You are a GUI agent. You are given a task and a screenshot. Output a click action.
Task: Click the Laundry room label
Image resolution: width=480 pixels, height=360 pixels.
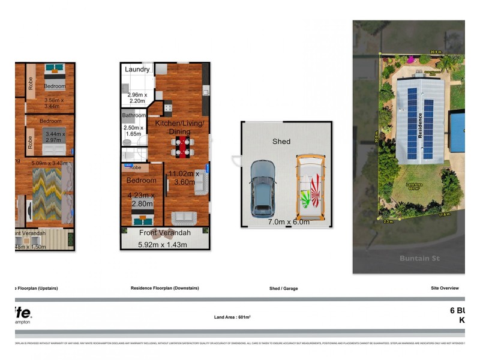(137, 70)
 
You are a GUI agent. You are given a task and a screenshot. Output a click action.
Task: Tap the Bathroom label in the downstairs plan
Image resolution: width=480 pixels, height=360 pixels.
(134, 115)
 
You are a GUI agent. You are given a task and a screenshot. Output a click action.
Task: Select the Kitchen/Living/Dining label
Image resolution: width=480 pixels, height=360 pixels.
(179, 127)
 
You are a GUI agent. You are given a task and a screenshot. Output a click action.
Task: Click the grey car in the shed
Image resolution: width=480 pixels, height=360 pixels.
(262, 188)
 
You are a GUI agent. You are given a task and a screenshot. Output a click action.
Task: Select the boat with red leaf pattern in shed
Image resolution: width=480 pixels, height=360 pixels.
(310, 188)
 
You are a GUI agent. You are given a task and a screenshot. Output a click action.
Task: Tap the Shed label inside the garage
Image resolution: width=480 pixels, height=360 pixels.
(281, 142)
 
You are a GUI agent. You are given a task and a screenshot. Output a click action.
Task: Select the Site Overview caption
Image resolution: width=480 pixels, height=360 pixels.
(445, 288)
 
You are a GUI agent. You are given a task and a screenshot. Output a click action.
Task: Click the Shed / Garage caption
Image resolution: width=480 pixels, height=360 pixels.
(283, 289)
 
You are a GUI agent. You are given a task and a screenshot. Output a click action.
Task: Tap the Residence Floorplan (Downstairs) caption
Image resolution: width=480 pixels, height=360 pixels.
(164, 288)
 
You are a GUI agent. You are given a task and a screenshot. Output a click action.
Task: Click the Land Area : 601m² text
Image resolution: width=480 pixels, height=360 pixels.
(232, 317)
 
